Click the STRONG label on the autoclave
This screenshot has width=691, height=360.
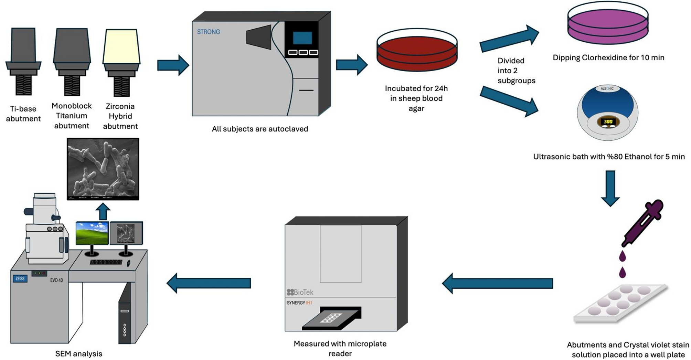tap(208, 32)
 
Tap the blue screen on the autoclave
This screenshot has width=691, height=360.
tap(302, 38)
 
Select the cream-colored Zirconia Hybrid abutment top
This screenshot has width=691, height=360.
tap(121, 46)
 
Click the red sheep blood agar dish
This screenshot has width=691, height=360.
tap(417, 52)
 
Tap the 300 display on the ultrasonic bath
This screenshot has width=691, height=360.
tap(608, 121)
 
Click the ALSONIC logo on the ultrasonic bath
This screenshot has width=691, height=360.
tap(607, 89)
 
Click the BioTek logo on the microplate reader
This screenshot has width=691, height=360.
tap(300, 292)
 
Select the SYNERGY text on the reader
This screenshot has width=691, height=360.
tap(296, 303)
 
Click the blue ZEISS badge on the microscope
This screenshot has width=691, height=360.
tap(20, 278)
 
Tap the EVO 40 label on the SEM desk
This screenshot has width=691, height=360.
tap(56, 280)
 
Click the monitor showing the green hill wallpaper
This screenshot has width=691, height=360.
tap(92, 233)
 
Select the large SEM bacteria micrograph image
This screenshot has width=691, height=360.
tap(103, 169)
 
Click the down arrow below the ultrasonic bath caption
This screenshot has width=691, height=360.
tap(610, 188)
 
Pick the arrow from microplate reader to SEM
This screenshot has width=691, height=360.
tap(209, 283)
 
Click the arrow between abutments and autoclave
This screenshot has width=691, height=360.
tap(173, 65)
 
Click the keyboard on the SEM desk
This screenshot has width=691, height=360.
tap(106, 262)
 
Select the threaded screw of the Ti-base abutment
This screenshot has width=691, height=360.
tap(23, 85)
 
